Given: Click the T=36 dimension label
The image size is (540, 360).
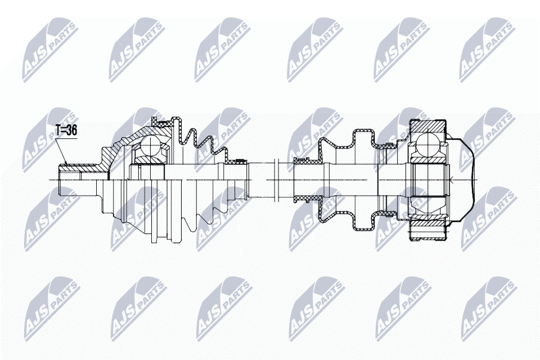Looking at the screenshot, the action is (x=66, y=130).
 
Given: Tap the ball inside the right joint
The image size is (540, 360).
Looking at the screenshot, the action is (x=426, y=143).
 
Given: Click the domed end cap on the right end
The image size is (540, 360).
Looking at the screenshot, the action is (x=461, y=179).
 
